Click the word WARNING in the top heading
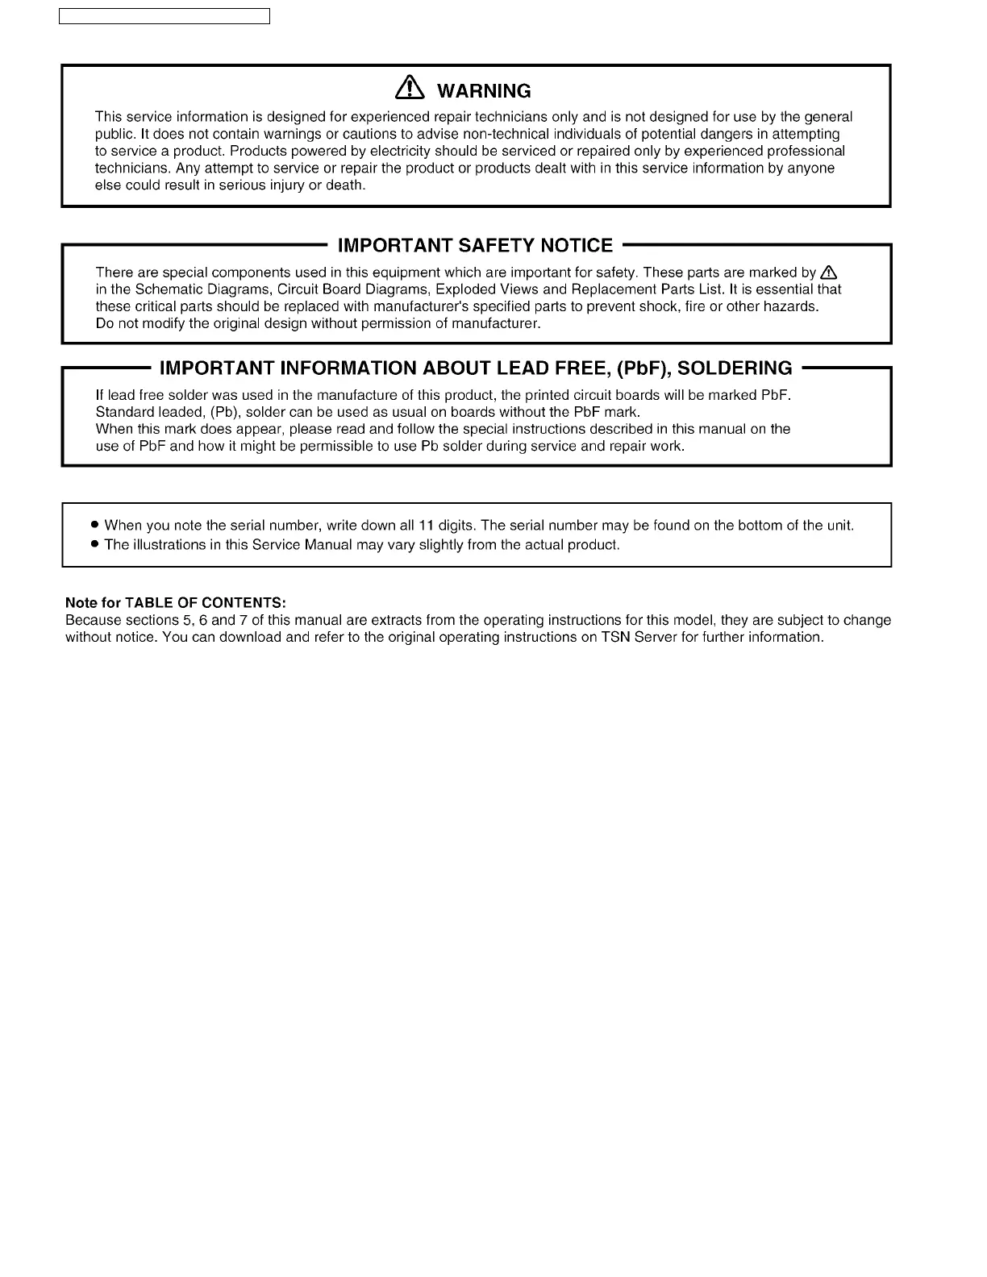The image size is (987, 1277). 484,91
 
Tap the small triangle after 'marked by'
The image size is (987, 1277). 828,272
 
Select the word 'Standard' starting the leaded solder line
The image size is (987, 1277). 124,412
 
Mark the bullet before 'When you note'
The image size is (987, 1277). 95,526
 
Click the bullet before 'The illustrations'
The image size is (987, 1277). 95,544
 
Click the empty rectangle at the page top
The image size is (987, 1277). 164,17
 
